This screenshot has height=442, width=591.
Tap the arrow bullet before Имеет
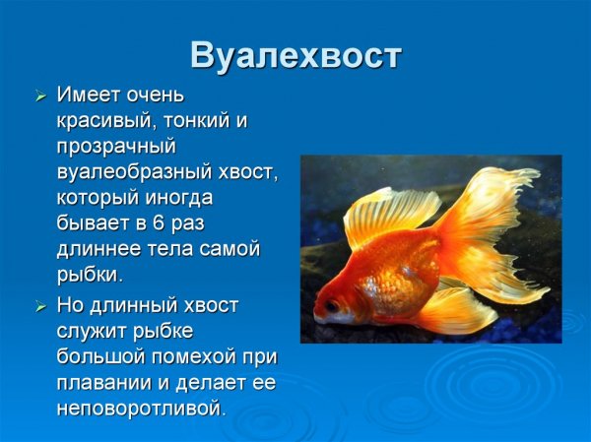[x=40, y=96]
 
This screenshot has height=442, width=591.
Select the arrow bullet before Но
[x=40, y=305]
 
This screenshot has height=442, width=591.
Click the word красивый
[x=101, y=121]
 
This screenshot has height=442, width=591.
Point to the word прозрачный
[x=115, y=147]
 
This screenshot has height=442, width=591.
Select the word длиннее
[x=97, y=249]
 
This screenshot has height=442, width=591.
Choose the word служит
[x=98, y=330]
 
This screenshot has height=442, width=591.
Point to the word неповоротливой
[x=141, y=407]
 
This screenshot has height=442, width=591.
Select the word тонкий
[x=193, y=121]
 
